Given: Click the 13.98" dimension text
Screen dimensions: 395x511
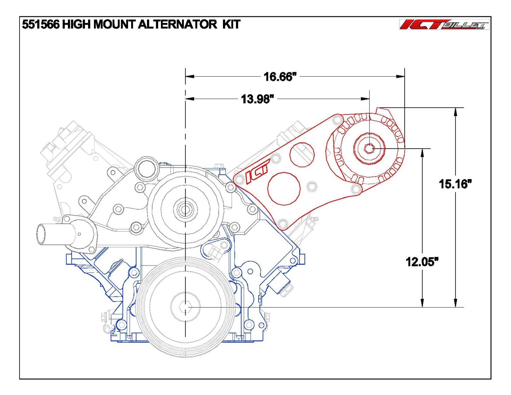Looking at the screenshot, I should click(257, 99).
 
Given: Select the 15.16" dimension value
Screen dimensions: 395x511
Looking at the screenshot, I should click(455, 184).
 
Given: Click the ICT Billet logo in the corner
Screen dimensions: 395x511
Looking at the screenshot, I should click(444, 25).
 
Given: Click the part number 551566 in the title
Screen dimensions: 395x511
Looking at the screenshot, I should click(41, 25).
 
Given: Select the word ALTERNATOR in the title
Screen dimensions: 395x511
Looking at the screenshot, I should click(177, 25).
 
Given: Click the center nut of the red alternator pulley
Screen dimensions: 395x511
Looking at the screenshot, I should click(370, 148).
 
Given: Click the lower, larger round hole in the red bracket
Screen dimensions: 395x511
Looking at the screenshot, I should click(284, 189).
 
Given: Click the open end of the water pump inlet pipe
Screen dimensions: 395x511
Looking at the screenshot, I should click(41, 234).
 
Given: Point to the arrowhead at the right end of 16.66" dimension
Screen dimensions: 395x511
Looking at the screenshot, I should click(400, 76).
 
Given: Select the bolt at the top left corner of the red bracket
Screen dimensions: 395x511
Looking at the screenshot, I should click(336, 120).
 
